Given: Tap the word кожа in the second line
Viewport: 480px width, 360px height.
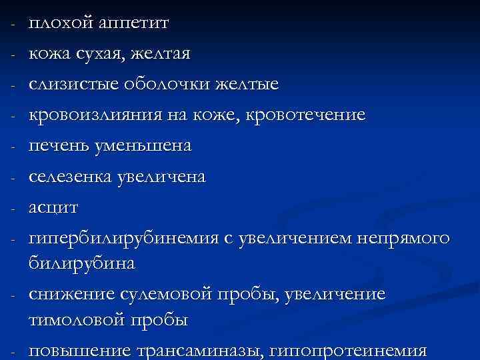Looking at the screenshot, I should click(50, 54).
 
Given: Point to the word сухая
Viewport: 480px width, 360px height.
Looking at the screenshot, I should click(101, 54).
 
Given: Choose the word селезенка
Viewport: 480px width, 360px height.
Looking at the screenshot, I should click(69, 177).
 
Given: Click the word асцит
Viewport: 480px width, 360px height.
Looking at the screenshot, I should click(53, 207).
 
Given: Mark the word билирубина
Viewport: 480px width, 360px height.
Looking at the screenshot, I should click(82, 263).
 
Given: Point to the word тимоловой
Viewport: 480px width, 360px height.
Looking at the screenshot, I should click(81, 319).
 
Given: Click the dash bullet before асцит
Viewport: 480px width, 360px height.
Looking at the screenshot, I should click(13, 207).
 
